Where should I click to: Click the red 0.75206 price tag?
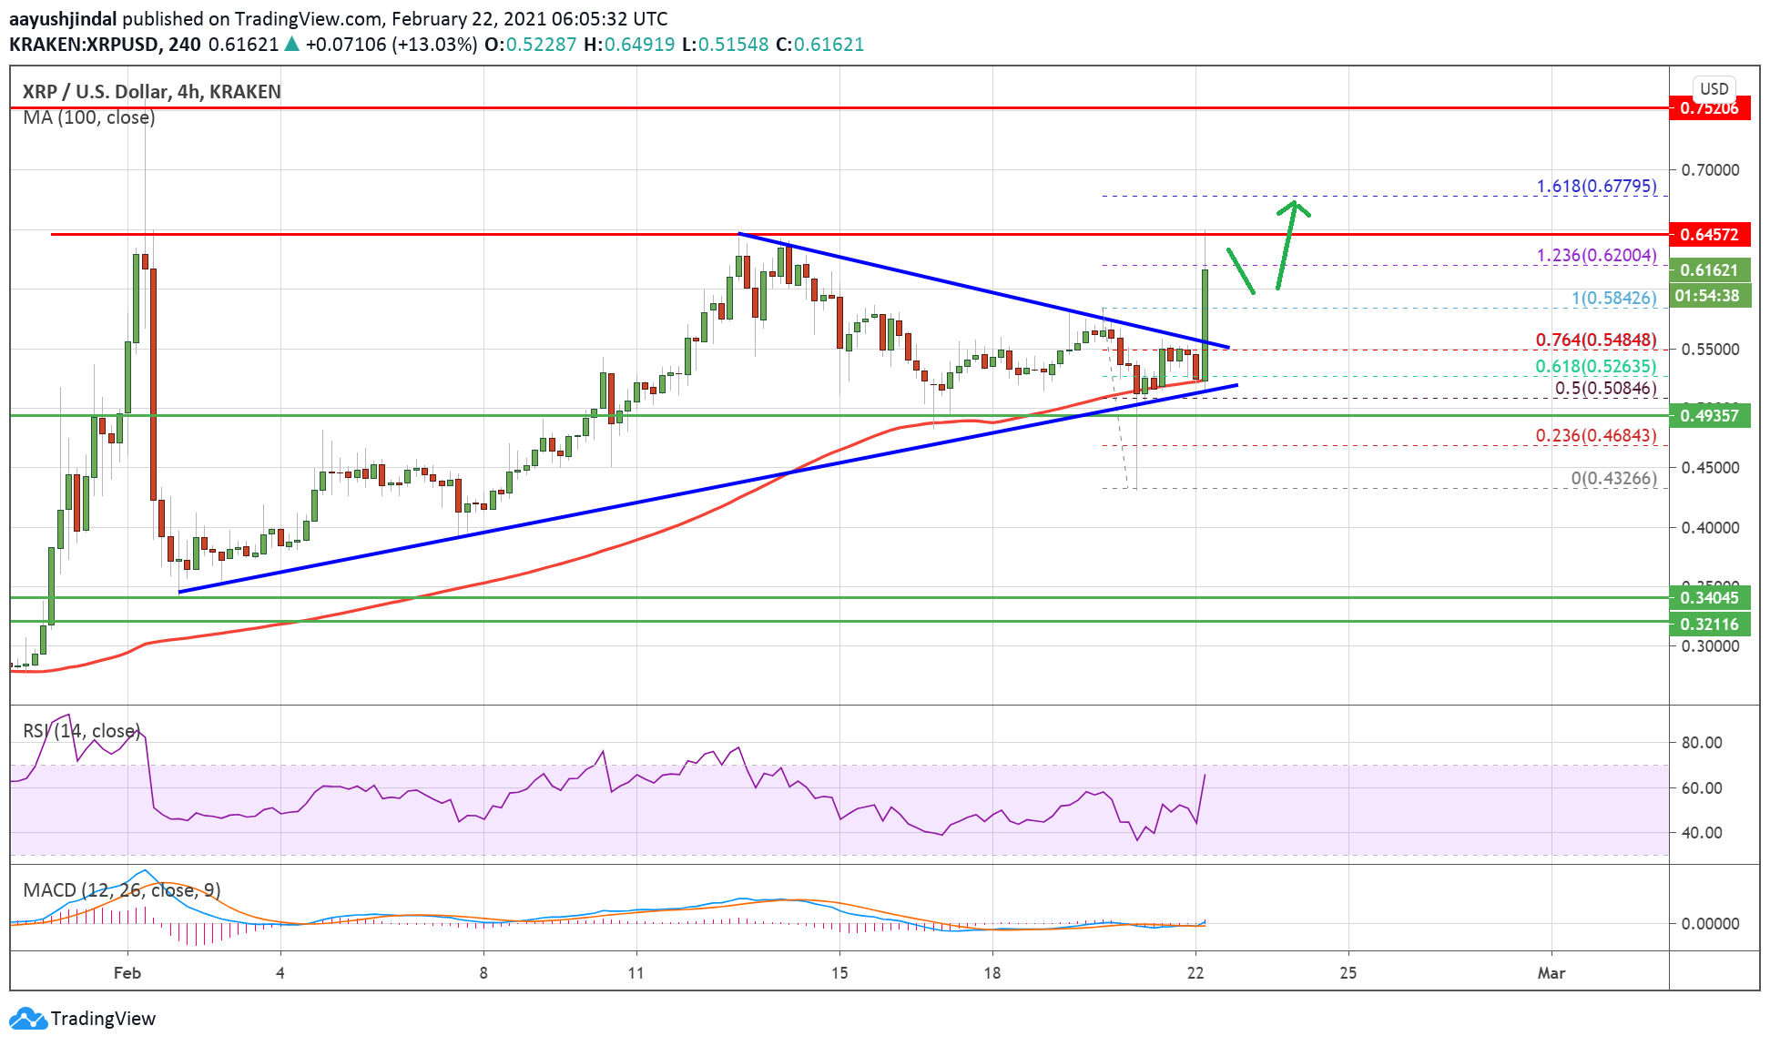coord(1709,108)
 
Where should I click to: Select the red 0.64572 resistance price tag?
coord(1709,234)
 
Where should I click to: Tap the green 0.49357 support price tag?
coord(1709,416)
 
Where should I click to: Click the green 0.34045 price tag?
coord(1709,598)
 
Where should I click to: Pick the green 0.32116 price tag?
coord(1709,624)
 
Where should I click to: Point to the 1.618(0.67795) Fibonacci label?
coord(1596,187)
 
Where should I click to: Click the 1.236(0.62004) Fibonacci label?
coord(1596,256)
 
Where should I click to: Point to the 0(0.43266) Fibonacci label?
coord(1613,479)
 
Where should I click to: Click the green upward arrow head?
coord(1294,208)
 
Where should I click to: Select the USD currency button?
coord(1714,88)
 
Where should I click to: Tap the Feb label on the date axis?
coord(127,973)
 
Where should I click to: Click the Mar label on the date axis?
coord(1551,973)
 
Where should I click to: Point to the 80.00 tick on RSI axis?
coord(1701,743)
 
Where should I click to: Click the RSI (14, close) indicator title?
coord(82,731)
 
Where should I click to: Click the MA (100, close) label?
coord(89,117)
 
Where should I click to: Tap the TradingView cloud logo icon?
coord(27,1019)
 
